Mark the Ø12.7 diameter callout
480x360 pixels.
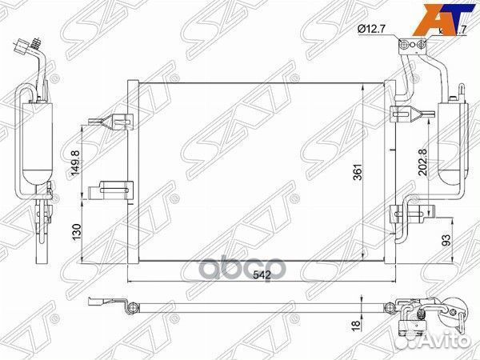373,30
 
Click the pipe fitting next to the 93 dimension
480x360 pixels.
413,214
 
